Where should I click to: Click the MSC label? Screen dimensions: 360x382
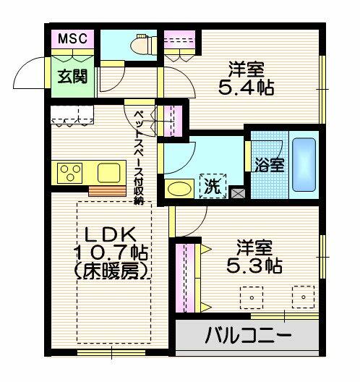coord(72,38)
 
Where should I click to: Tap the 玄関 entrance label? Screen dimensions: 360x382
coord(72,77)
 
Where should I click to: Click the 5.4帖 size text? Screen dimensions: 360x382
coord(246,88)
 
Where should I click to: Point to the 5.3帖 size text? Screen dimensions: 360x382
coord(254,266)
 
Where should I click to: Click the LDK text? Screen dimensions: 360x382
coord(110,234)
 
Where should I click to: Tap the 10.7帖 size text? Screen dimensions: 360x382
coord(111,252)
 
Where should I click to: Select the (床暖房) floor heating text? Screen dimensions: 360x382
coord(111,271)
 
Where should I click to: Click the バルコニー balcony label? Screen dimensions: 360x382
coord(248,335)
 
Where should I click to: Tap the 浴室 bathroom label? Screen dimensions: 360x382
coord(270,166)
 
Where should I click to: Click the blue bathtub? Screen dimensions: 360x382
coord(304,165)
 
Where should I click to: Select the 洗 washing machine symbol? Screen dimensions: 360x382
coord(213,186)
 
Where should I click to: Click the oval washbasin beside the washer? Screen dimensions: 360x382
coord(179,189)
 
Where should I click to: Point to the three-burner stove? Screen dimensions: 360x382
coord(69,173)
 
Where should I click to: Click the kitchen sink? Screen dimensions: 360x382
coord(109,173)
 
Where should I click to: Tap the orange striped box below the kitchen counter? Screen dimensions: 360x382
coord(107,191)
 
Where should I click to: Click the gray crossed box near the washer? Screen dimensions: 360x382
coord(236,193)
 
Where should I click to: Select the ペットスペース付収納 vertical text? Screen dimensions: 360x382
coord(140,158)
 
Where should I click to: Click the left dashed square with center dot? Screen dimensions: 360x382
coord(252,297)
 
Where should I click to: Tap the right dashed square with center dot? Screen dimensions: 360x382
coord(304,297)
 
